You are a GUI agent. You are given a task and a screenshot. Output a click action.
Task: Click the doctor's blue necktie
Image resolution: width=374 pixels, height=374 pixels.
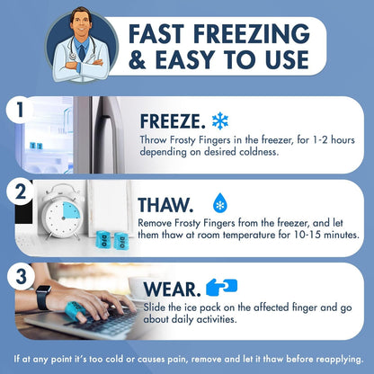82,53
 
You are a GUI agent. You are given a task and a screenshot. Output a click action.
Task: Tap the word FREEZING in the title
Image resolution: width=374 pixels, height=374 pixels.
252,34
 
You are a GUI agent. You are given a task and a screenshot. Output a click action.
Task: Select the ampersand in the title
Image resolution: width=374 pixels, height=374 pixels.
138,60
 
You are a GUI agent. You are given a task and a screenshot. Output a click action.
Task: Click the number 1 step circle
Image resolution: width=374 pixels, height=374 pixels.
20,110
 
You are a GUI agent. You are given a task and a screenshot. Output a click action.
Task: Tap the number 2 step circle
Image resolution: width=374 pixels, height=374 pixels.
20,192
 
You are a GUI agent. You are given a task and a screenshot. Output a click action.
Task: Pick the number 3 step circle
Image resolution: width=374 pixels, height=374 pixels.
21,276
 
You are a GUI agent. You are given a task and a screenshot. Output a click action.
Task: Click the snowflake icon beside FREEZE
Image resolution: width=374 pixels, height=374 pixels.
220,120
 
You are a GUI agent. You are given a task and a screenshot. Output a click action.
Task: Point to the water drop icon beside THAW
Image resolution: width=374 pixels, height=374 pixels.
220,203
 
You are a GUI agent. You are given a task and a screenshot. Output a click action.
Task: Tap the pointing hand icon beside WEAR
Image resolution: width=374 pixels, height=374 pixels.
222,287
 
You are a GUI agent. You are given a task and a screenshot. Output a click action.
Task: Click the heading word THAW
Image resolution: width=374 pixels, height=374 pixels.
165,205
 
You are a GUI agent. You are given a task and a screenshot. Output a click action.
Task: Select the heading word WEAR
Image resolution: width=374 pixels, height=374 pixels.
173,289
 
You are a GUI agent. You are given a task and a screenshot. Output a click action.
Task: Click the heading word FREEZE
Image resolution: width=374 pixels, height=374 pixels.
173,121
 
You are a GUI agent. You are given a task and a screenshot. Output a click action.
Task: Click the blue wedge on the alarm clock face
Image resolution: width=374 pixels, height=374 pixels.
72,210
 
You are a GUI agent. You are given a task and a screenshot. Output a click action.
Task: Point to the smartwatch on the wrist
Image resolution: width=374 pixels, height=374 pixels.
43,297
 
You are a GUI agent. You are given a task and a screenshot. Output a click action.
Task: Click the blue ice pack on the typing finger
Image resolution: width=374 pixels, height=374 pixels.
74,310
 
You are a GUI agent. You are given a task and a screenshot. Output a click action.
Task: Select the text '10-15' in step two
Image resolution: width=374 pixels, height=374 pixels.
311,235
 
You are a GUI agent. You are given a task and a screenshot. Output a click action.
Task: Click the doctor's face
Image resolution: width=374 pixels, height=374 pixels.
81,24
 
